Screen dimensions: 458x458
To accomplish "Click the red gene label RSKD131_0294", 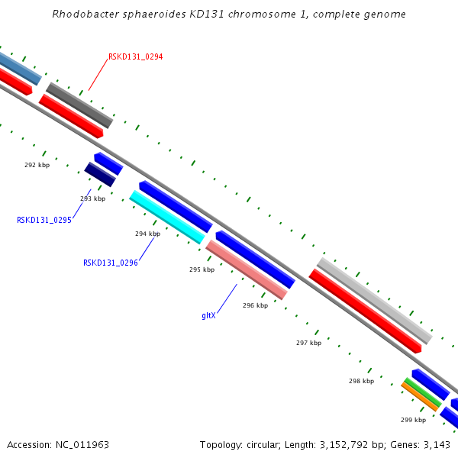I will coord(135,56).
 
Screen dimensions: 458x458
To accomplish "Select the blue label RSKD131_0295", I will coord(44,220).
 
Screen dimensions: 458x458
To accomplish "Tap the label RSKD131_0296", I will coord(111,263).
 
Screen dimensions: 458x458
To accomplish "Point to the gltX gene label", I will coord(208,315).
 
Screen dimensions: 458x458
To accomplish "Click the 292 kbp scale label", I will coord(37,165).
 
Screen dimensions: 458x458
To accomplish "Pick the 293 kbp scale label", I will coord(92,198).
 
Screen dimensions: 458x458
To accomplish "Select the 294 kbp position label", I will coord(147,234).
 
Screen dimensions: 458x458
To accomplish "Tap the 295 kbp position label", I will coord(202,269).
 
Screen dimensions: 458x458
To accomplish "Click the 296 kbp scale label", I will coord(255,305).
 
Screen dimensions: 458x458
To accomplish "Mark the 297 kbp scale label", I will coord(308,343).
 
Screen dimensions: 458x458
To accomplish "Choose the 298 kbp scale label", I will coord(361,381).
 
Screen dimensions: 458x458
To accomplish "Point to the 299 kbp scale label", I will coord(413,420).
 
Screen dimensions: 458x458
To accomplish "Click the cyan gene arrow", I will coord(167,217).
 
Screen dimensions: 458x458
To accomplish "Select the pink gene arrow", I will coord(247,270).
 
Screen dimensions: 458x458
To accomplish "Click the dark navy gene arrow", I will coord(100,174).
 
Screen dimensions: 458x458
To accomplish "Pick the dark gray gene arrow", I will coord(79,105).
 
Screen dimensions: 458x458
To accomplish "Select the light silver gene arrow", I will coord(374,300).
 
